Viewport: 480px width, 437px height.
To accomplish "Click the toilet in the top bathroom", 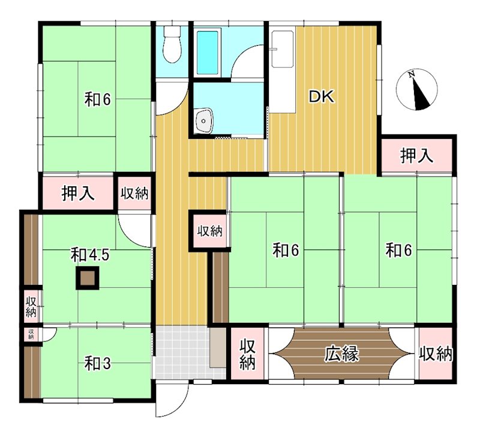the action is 172,44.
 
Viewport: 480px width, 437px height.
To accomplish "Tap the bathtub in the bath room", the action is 207,52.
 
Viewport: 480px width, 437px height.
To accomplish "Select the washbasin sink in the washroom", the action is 203,121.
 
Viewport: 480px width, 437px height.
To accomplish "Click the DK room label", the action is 321,97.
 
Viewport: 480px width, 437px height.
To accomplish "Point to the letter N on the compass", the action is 412,74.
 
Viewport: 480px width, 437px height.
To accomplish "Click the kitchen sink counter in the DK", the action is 283,72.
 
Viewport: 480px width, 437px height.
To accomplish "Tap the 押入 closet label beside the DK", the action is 416,156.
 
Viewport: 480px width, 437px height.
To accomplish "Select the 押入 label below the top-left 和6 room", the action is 78,194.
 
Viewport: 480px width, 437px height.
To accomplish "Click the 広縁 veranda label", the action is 341,354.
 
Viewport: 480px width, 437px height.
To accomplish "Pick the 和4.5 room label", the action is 90,255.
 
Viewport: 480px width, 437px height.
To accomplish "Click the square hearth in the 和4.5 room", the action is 88,278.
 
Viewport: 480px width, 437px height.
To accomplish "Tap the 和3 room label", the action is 97,364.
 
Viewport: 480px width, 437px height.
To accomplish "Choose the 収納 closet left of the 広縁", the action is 247,353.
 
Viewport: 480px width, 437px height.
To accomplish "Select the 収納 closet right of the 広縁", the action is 436,353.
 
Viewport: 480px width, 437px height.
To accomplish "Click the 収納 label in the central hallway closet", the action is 209,231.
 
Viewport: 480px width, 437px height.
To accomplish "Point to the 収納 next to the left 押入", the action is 134,194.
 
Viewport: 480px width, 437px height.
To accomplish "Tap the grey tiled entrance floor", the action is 183,352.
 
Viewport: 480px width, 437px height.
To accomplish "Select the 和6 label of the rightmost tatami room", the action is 399,250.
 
